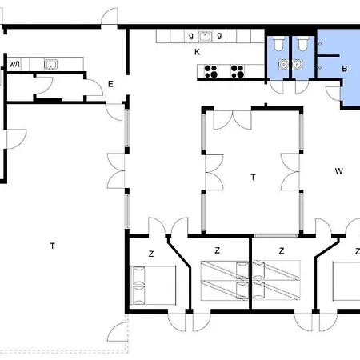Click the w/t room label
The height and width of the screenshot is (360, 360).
(x=14, y=64)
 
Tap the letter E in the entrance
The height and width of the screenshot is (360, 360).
(x=110, y=84)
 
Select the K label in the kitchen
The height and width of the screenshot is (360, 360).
(x=197, y=52)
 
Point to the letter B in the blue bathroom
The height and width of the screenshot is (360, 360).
(x=345, y=69)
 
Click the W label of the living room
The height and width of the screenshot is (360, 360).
(x=338, y=171)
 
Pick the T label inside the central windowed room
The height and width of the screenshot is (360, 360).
(x=253, y=177)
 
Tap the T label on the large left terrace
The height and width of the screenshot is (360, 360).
(x=53, y=246)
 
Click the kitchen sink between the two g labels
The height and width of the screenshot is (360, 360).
(x=205, y=36)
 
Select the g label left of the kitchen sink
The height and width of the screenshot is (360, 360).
(x=191, y=36)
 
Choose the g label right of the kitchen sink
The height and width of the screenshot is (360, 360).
(x=219, y=36)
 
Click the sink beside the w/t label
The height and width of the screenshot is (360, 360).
(x=51, y=64)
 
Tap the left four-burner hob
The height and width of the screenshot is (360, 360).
(x=211, y=71)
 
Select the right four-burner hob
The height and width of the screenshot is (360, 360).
(x=238, y=71)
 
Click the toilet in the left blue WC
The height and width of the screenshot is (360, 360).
(x=278, y=43)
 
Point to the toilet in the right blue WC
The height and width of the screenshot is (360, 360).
(x=302, y=43)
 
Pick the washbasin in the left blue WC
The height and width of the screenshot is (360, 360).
(x=283, y=65)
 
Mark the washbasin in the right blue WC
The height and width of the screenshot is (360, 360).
(x=297, y=65)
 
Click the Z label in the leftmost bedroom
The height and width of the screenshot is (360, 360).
(x=151, y=254)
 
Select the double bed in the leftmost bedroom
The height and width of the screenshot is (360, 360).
(x=153, y=285)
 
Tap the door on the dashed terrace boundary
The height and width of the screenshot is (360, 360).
(x=118, y=331)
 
